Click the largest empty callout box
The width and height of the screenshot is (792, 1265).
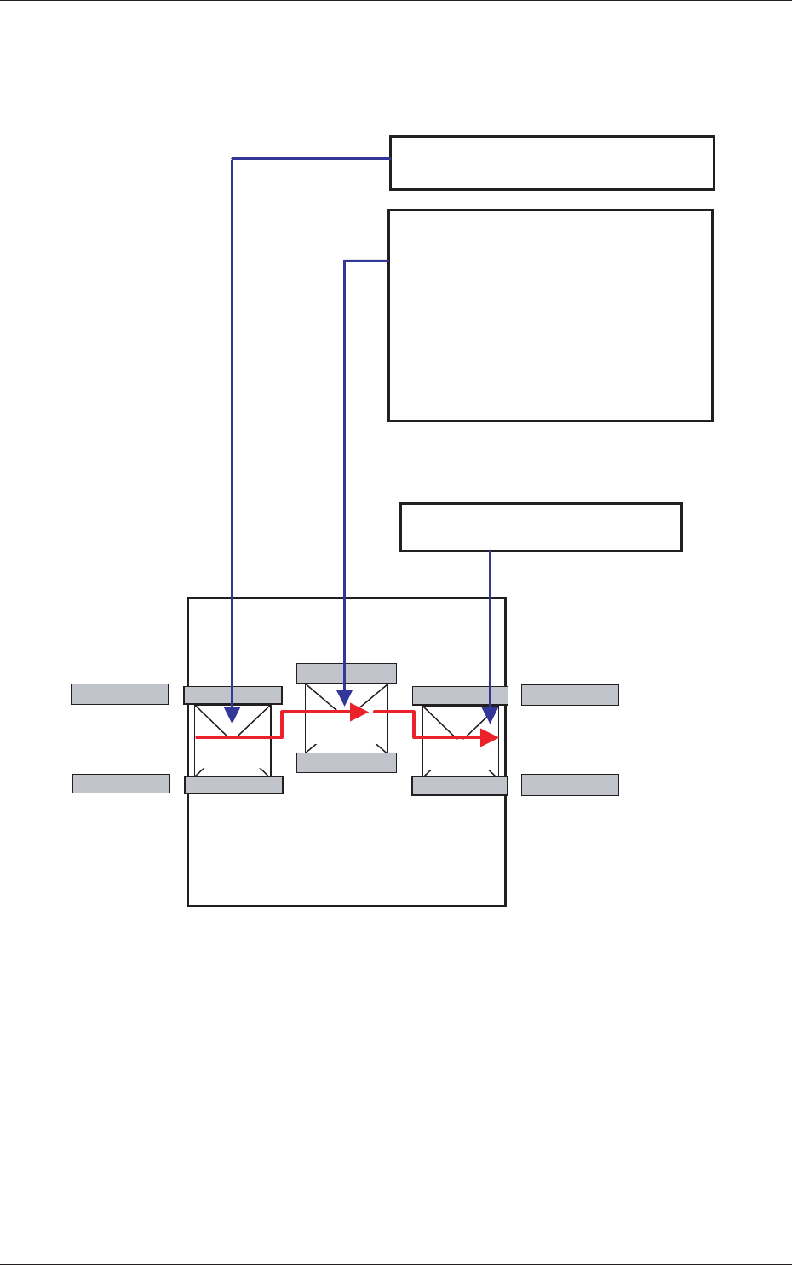pos(550,315)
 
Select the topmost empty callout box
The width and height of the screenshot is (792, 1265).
pos(552,163)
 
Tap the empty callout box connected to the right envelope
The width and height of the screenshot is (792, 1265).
pos(541,528)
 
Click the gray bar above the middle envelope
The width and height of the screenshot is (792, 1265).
pos(346,673)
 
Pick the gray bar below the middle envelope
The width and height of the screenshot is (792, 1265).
pos(346,763)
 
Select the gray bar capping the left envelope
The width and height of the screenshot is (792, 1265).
pos(232,695)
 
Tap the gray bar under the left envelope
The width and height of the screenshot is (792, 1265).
pos(233,785)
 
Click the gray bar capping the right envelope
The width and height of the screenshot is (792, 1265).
pos(460,695)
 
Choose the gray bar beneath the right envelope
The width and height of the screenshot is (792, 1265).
pos(460,786)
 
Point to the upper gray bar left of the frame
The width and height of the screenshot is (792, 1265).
pos(119,694)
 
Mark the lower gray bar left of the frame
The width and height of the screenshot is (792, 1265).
pos(121,783)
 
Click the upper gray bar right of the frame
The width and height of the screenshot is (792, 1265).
pos(570,694)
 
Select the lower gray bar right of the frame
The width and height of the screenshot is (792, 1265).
pos(570,784)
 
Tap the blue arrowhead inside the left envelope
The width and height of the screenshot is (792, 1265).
pos(232,715)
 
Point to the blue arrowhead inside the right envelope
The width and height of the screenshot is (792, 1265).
pos(490,715)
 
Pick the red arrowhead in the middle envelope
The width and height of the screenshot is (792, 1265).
pos(360,711)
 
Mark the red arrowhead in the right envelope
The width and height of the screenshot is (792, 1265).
pos(490,737)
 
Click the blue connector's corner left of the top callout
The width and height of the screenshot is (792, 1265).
pos(232,158)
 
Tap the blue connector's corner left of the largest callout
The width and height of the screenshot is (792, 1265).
pos(344,261)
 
